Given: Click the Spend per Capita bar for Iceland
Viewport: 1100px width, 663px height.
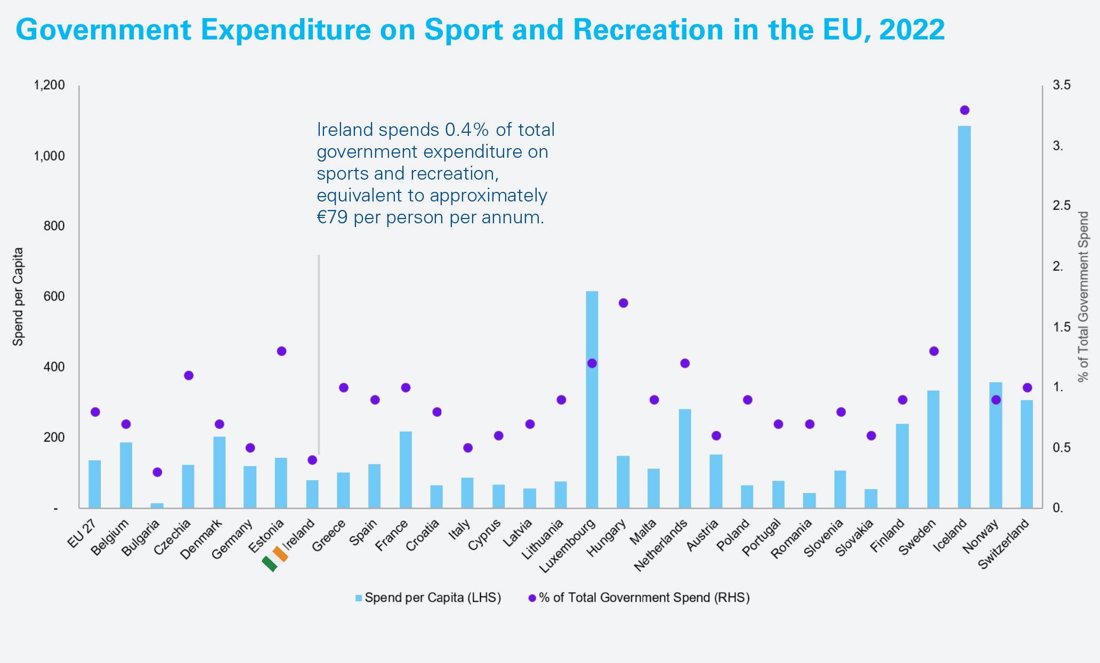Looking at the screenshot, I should pos(964,317).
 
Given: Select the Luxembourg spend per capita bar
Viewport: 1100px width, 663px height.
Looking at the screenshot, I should pos(592,400).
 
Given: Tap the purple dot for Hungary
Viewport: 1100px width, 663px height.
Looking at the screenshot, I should pos(624,303).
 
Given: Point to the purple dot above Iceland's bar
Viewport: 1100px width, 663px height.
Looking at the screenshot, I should pos(964,110).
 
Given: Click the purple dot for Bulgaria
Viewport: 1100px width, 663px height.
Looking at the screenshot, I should pos(157,472).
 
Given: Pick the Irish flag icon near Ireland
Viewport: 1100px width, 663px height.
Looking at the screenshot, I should pos(275,559).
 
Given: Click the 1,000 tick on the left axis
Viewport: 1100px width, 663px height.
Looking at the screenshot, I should pos(49,156).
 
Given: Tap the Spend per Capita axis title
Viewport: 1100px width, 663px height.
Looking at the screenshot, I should pos(18,296).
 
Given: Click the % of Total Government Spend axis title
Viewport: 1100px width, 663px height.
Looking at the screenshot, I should pos(1083,296).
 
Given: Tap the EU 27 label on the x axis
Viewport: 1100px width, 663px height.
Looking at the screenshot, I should pos(82,533).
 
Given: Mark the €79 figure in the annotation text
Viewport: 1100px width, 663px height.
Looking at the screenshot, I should pos(333,217).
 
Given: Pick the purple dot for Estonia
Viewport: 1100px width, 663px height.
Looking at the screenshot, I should pos(282,351).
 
